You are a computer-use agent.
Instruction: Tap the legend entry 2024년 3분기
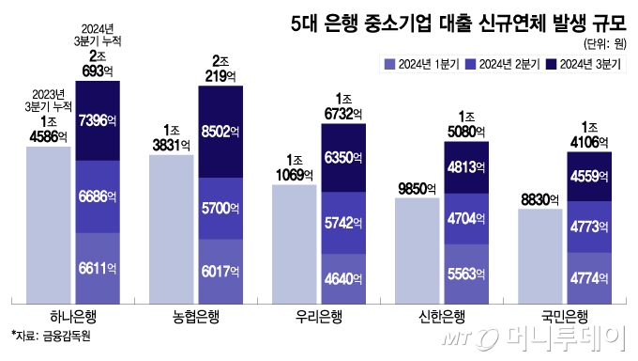click(x=580, y=64)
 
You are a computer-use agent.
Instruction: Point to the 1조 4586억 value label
click(x=48, y=129)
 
